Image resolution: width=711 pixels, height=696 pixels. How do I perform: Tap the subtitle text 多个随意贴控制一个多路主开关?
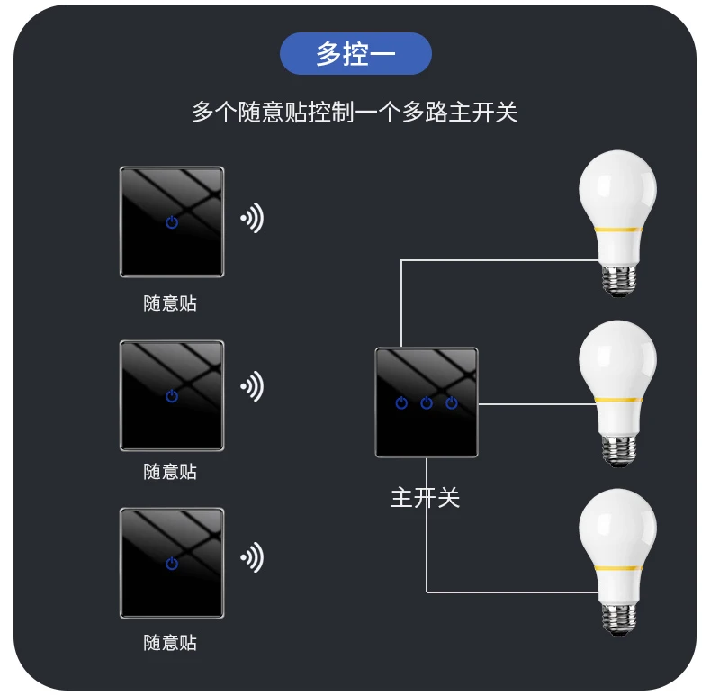[355, 113]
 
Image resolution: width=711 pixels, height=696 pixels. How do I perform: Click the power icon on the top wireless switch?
[172, 221]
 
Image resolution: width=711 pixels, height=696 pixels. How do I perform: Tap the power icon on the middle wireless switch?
[172, 395]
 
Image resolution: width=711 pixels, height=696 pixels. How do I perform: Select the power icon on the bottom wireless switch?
[172, 564]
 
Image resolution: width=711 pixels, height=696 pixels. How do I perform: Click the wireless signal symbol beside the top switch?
[251, 218]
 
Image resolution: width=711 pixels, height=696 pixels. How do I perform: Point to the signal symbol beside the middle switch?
[251, 386]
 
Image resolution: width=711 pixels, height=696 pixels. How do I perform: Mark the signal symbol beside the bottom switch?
[251, 557]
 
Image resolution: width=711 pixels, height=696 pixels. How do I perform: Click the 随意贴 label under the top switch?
[170, 303]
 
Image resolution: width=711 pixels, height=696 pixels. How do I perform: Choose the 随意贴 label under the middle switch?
[170, 472]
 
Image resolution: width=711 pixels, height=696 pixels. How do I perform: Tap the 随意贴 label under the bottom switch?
[170, 643]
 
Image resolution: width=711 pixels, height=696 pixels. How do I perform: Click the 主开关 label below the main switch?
[425, 497]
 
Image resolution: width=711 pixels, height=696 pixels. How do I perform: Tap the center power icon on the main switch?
[427, 402]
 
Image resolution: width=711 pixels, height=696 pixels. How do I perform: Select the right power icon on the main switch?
[452, 402]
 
